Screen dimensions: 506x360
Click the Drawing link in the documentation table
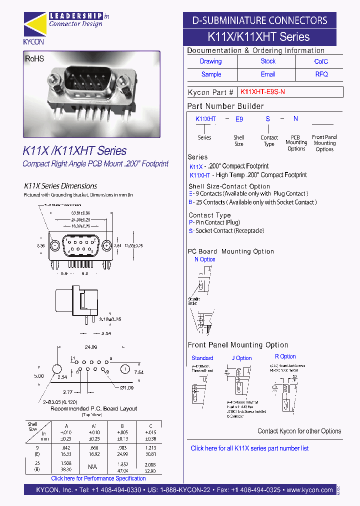(210, 61)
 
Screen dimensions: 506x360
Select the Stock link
(268, 61)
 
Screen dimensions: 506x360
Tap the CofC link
(321, 61)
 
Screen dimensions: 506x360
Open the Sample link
(211, 74)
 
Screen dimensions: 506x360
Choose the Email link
(268, 74)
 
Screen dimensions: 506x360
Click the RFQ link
(321, 74)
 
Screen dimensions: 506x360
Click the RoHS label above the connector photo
(35, 59)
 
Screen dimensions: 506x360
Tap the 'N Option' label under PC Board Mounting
(204, 259)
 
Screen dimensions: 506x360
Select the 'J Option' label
(241, 358)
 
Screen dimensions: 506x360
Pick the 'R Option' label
(285, 356)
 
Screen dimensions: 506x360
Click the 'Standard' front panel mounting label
(202, 358)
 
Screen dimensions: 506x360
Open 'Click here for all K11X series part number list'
(249, 448)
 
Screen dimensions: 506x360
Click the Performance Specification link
(98, 478)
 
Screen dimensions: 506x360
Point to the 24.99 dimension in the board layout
(90, 347)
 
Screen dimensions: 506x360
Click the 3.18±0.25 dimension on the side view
(110, 318)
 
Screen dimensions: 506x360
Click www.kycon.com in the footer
(310, 490)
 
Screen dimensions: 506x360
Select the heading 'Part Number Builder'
(225, 106)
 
